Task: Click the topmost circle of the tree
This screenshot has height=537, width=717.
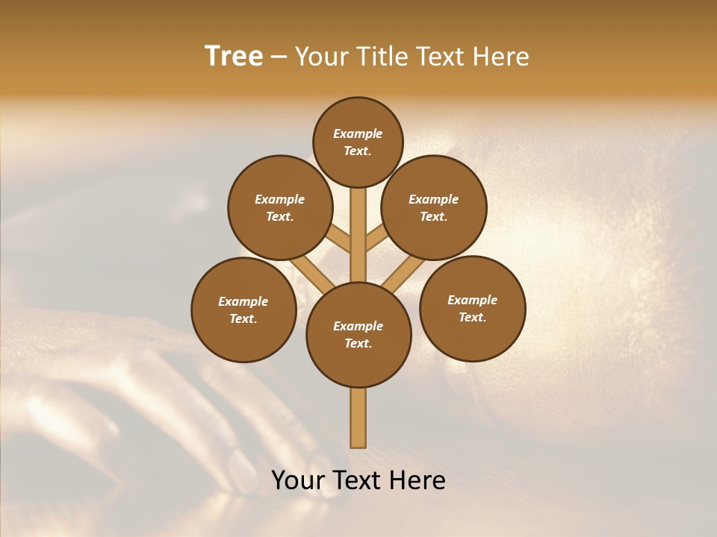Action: point(358,142)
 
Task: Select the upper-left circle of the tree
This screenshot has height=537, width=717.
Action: point(280,207)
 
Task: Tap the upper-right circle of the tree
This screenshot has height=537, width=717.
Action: point(434,207)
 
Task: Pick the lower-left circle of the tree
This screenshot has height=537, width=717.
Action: point(243,310)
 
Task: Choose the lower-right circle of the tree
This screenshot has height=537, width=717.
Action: point(472,308)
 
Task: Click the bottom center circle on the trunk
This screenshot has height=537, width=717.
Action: point(358,335)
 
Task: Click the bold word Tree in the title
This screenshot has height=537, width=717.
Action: point(234,56)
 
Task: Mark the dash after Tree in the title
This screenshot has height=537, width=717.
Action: point(279,57)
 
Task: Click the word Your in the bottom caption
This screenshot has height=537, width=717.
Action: point(299,480)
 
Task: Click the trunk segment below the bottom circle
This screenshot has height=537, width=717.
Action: point(358,418)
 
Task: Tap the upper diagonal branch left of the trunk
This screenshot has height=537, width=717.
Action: point(338,239)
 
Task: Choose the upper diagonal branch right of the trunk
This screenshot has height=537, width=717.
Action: point(378,239)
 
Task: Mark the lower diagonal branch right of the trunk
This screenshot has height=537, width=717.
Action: point(403,273)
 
